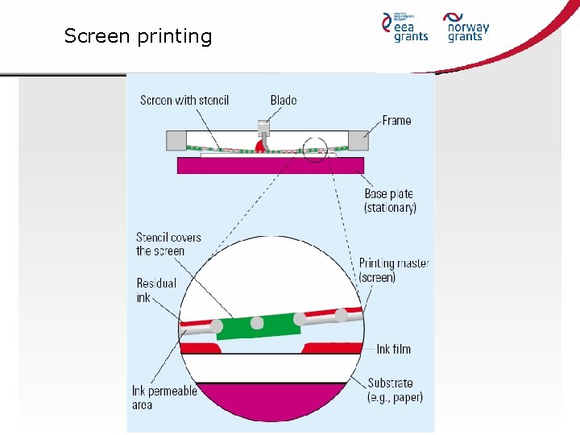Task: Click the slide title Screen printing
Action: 138,36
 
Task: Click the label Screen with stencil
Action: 184,100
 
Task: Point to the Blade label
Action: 284,100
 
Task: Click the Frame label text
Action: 396,121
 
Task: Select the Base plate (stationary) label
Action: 390,201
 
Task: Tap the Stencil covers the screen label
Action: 168,244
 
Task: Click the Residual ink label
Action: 155,290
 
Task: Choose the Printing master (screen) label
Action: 393,270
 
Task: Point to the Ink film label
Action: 393,349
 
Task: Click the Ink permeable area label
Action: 164,397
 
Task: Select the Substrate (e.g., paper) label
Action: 395,390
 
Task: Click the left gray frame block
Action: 176,141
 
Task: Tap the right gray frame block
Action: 359,141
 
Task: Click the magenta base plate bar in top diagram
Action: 270,165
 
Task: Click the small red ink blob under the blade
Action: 260,145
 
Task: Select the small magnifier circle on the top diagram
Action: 316,149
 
